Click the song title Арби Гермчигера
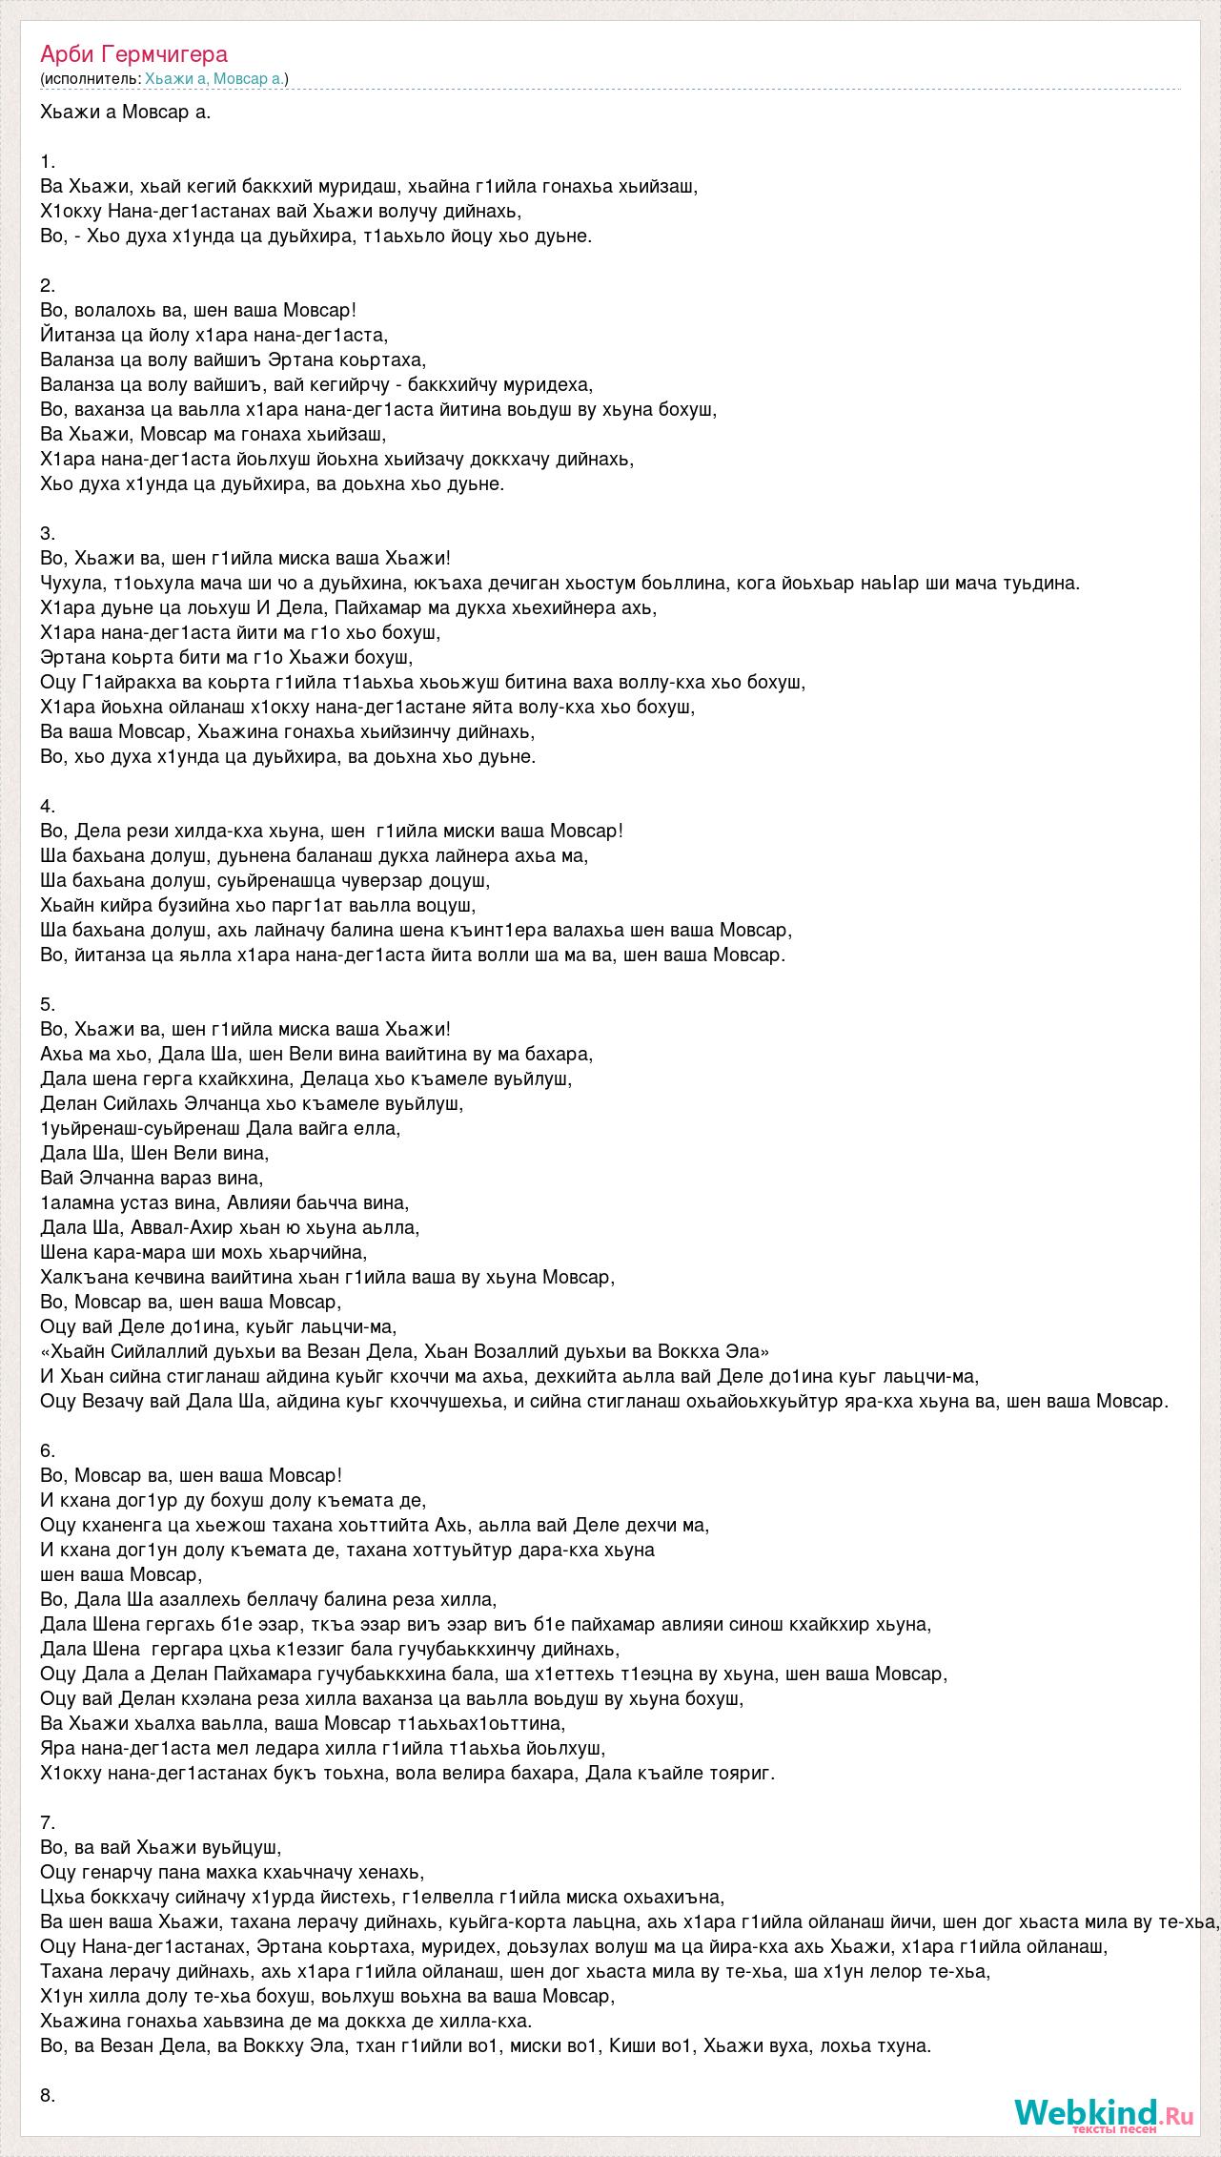pos(134,53)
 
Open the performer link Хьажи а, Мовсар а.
pos(214,79)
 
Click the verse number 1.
pos(48,161)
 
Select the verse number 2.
pos(48,285)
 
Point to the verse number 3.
pos(48,533)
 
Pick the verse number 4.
pos(48,806)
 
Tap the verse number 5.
pos(48,1004)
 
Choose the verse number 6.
pos(48,1450)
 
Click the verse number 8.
pos(48,2095)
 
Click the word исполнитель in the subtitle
pos(91,79)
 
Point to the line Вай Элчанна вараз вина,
pos(153,1178)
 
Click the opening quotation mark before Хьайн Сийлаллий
pos(46,1351)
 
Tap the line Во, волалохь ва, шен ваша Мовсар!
pos(198,310)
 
